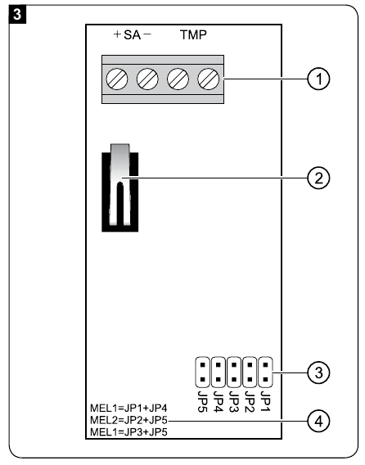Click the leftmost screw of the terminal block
[x=119, y=80]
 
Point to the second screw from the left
[x=148, y=80]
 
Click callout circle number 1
[x=317, y=79]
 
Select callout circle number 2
[x=317, y=176]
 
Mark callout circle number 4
[x=317, y=421]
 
